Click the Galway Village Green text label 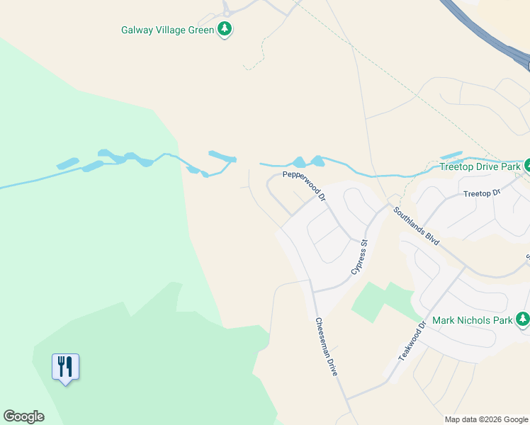click(x=168, y=30)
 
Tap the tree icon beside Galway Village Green click(x=225, y=30)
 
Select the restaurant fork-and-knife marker click(x=65, y=367)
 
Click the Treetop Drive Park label click(x=480, y=167)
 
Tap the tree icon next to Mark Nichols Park click(x=523, y=320)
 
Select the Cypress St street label click(x=359, y=257)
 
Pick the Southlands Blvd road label click(x=417, y=225)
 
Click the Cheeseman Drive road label click(x=325, y=346)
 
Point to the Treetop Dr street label click(x=482, y=193)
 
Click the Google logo click(x=23, y=416)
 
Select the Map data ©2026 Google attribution click(x=485, y=419)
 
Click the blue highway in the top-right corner click(x=489, y=35)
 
